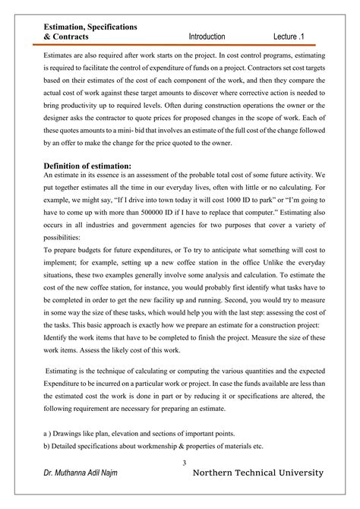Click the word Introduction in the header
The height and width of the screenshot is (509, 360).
pos(207,36)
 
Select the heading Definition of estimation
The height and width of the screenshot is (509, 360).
pos(87,165)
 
